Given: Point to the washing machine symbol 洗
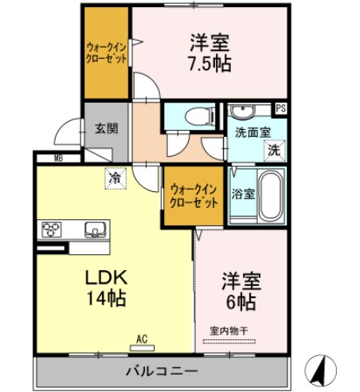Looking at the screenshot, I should pyautogui.click(x=273, y=148).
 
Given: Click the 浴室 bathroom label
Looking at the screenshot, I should pyautogui.click(x=242, y=193).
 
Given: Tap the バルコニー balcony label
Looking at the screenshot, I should pyautogui.click(x=160, y=370).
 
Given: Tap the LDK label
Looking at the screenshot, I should pyautogui.click(x=107, y=278).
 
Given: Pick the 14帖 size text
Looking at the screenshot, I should pyautogui.click(x=106, y=300).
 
